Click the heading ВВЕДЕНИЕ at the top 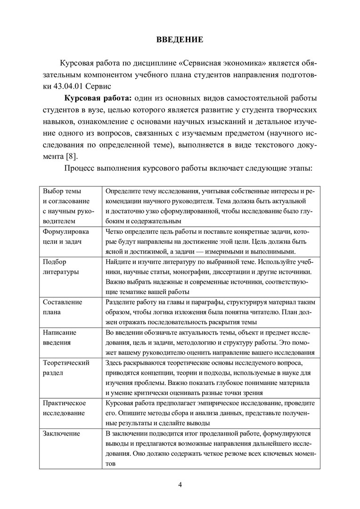[x=180, y=40]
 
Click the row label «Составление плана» [x=62, y=307]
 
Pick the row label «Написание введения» [x=59, y=337]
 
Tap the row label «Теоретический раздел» [x=66, y=368]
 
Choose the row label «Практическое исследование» [x=64, y=408]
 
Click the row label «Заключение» [x=61, y=433]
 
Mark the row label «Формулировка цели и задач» [x=65, y=236]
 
